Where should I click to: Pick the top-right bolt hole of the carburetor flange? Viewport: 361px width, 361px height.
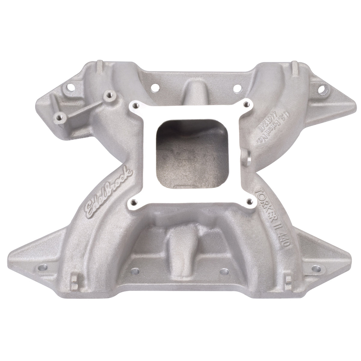coord(247,104)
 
